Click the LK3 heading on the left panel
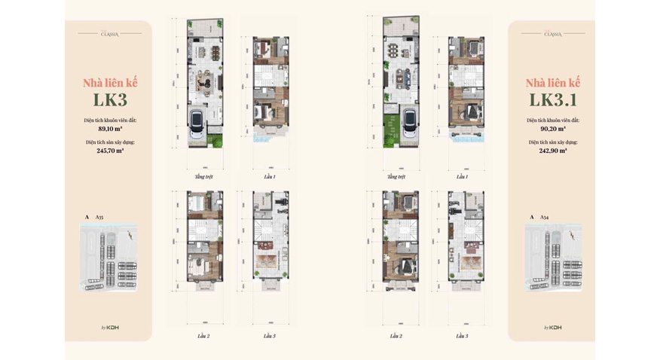(x=110, y=99)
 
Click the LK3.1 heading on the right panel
(x=553, y=99)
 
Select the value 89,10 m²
(x=110, y=129)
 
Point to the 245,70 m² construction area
(x=110, y=151)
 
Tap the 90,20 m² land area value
(x=553, y=129)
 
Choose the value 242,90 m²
(x=553, y=151)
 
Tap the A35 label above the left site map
(x=99, y=217)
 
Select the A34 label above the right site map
(x=544, y=217)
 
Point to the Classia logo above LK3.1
(x=553, y=34)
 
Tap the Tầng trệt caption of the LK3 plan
(x=203, y=177)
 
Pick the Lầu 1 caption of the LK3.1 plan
(x=462, y=177)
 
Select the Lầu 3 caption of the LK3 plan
(x=269, y=336)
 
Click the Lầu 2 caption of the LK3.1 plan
(x=396, y=336)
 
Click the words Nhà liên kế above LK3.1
(x=553, y=83)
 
